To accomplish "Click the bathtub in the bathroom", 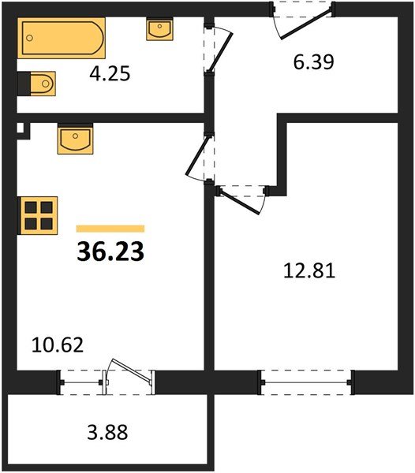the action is click(62, 38).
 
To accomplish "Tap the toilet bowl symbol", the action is click(37, 84).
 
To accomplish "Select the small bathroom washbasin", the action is click(159, 29).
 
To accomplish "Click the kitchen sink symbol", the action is click(75, 140).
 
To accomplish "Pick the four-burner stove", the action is click(38, 215).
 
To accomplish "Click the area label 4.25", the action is click(110, 74).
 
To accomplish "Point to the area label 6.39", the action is click(314, 62).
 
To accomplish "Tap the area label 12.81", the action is click(309, 270).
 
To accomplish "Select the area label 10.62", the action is click(58, 345).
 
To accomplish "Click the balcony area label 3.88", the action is click(108, 432).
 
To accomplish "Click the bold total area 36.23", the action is click(110, 252).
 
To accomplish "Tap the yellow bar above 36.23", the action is click(110, 229).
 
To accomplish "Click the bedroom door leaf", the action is click(239, 202).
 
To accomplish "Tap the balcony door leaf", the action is click(132, 371).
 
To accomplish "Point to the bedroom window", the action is click(306, 382).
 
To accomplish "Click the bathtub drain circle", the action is click(29, 38).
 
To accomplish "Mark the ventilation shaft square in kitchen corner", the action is click(21, 128).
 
